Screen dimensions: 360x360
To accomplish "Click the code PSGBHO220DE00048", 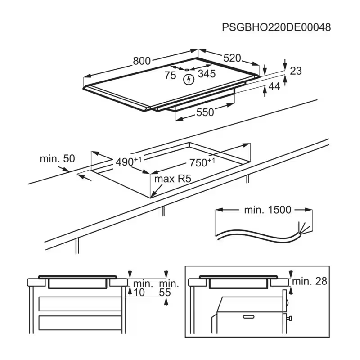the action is coord(276,27).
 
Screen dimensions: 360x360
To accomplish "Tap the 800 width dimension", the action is coord(142,61).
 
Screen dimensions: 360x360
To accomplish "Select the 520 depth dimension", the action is coord(232,58).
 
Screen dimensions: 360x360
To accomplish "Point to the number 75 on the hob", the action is coord(170,75).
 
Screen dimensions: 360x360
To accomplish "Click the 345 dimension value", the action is coord(207,74).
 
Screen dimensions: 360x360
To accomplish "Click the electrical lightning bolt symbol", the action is coord(189,80).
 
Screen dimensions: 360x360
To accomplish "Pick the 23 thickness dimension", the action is coord(296,71).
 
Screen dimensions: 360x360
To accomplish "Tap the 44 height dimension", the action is coord(274,86).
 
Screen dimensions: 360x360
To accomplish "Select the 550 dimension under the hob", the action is coord(205,112).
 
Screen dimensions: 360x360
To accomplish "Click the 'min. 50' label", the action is coord(58,159).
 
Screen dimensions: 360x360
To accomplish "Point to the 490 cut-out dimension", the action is coord(129,162).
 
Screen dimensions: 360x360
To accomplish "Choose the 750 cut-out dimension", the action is coord(202,162).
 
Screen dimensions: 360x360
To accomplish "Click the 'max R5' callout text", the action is coord(173,179).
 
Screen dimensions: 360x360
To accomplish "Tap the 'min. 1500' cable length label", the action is coord(268,210).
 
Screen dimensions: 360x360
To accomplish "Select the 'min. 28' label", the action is coord(310,281).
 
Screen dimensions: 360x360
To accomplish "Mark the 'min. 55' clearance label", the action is coord(169,288).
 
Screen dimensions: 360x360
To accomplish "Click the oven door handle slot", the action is coord(249,317).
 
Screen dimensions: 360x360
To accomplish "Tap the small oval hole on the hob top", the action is coord(187,70).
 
